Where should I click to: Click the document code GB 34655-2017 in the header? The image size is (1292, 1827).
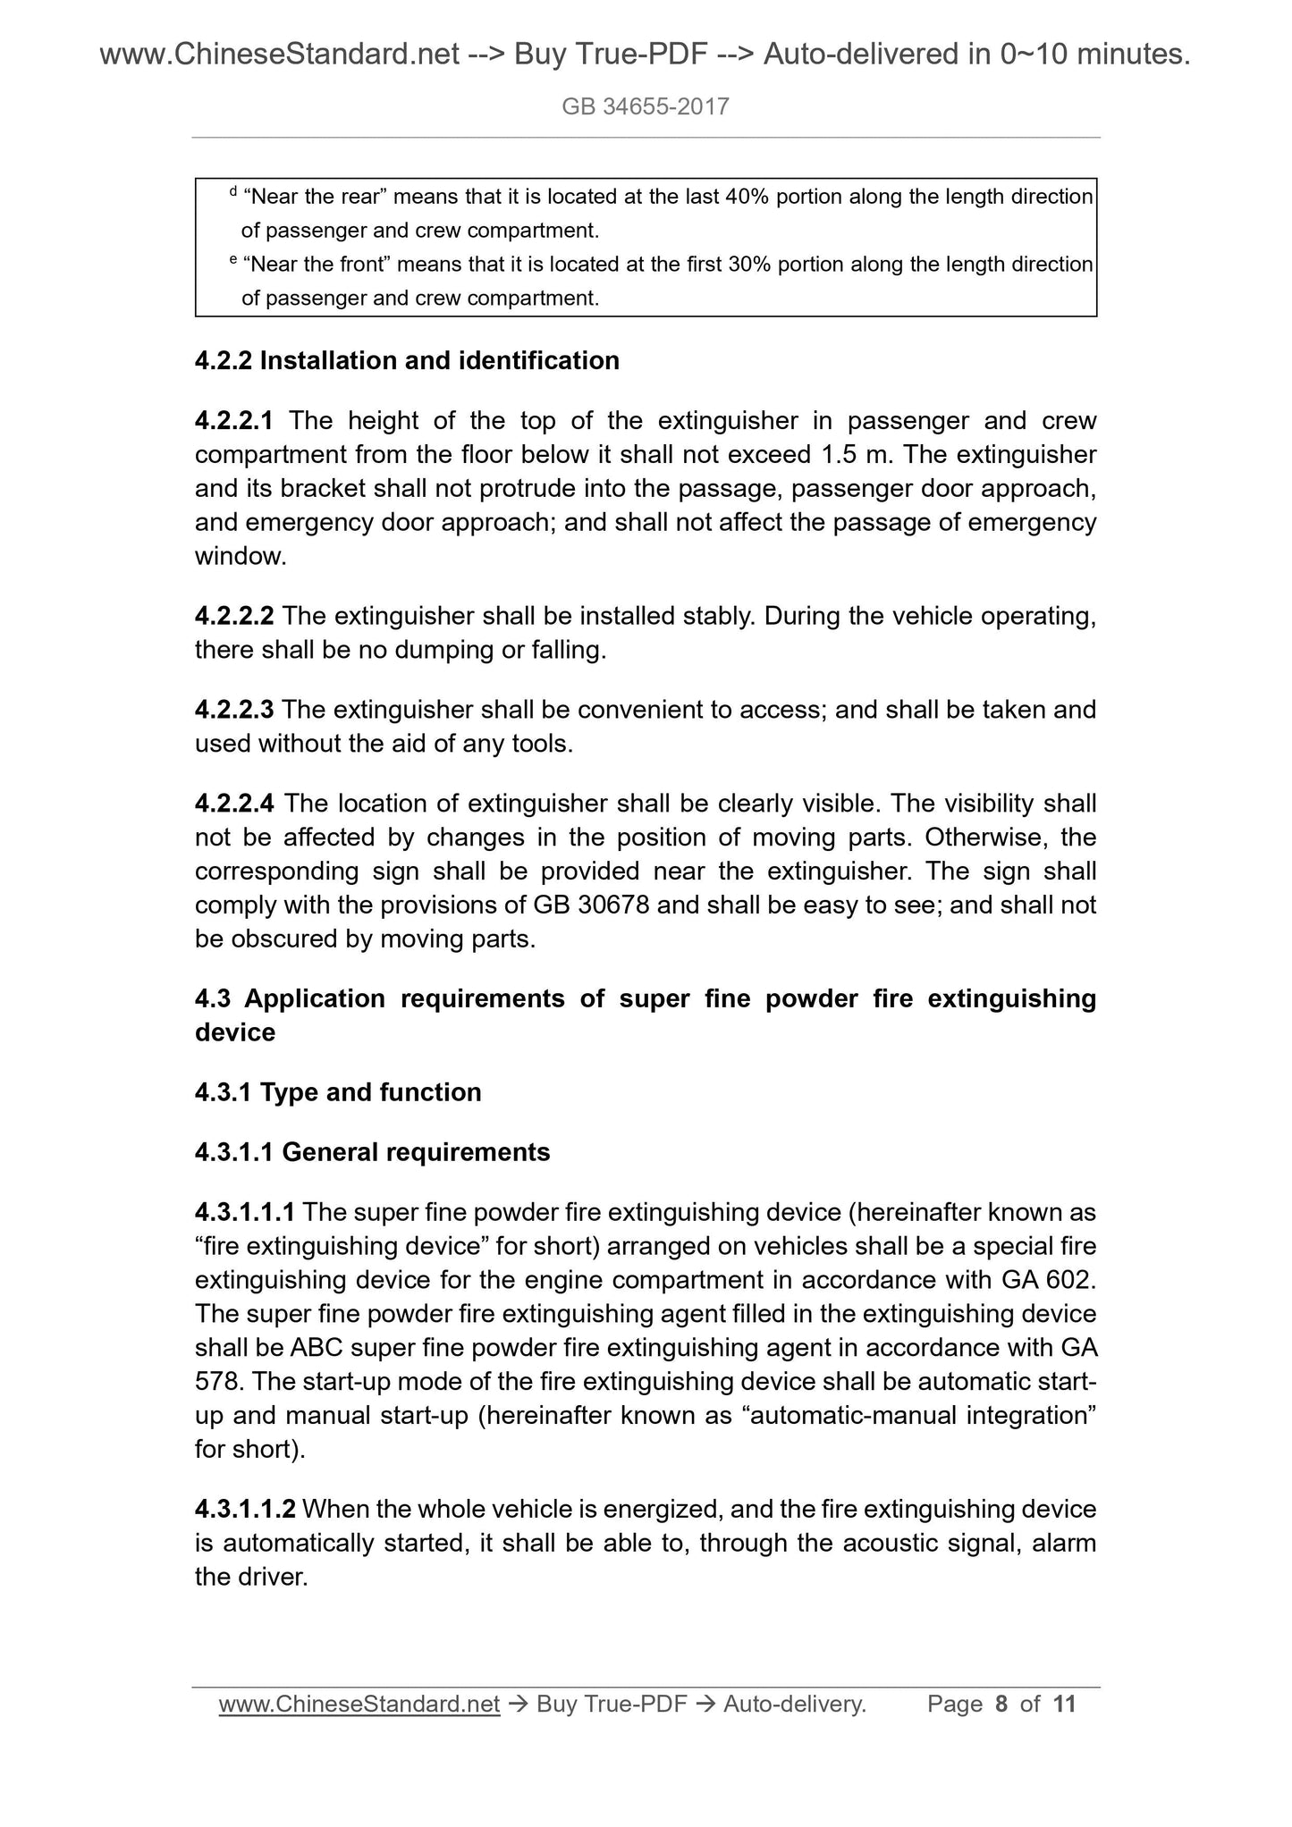pyautogui.click(x=646, y=107)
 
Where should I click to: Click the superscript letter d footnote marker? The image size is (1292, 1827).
pyautogui.click(x=233, y=191)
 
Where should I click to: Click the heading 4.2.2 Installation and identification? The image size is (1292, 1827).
pyautogui.click(x=407, y=361)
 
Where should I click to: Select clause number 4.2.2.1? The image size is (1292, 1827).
pyautogui.click(x=234, y=421)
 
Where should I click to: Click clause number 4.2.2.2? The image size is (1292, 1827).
pyautogui.click(x=234, y=617)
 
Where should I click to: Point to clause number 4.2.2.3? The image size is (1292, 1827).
pyautogui.click(x=234, y=711)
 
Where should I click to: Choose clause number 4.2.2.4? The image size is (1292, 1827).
pyautogui.click(x=234, y=804)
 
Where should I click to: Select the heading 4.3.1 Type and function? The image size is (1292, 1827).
pyautogui.click(x=338, y=1092)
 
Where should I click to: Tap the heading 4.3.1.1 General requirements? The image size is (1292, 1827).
pyautogui.click(x=372, y=1152)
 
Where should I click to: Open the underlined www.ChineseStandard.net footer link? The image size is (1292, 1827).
pyautogui.click(x=359, y=1705)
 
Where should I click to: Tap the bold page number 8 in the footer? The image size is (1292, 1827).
pyautogui.click(x=1001, y=1705)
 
